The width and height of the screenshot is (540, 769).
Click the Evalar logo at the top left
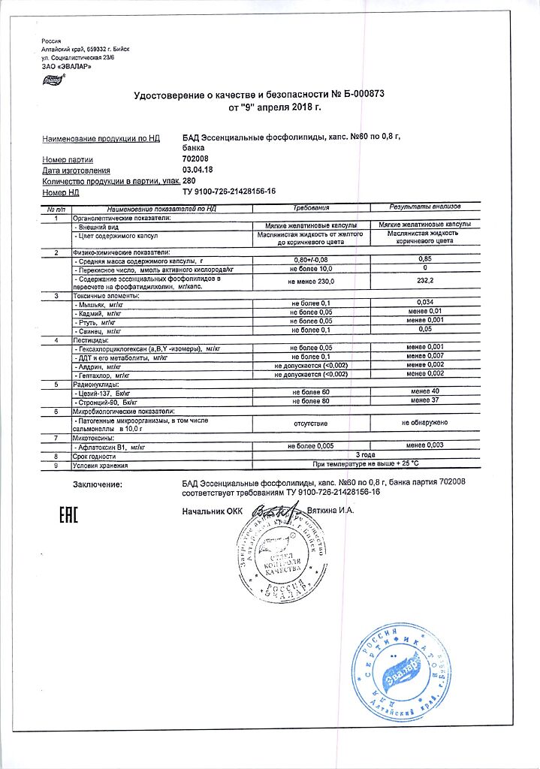pos(53,79)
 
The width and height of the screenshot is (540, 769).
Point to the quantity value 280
pos(189,181)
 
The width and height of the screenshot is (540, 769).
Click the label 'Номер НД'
pos(61,192)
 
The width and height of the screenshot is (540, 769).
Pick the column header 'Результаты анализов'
pos(425,207)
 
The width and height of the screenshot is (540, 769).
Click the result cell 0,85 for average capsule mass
pos(425,259)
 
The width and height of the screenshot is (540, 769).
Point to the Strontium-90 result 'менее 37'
pos(425,401)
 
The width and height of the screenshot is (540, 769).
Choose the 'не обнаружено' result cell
pos(425,424)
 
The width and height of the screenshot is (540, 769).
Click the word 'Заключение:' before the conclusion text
pos(98,485)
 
